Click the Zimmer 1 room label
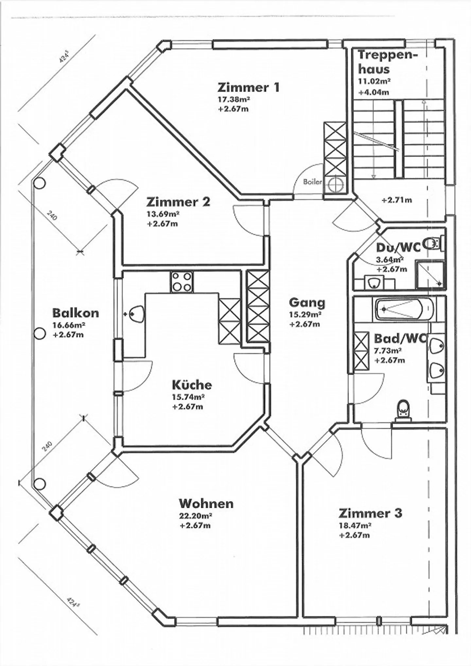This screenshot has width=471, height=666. (x=248, y=88)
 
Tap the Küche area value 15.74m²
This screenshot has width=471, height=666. (x=188, y=397)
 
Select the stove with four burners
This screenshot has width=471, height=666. (x=182, y=282)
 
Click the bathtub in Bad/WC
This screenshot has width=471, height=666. (x=404, y=309)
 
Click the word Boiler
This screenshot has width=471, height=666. (x=312, y=182)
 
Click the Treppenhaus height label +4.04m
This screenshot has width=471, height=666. (x=374, y=92)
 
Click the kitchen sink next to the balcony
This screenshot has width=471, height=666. (x=135, y=314)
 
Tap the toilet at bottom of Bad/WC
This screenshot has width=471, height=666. (x=404, y=410)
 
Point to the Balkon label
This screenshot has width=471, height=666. (x=76, y=313)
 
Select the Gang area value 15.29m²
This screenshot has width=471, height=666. (x=305, y=315)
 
